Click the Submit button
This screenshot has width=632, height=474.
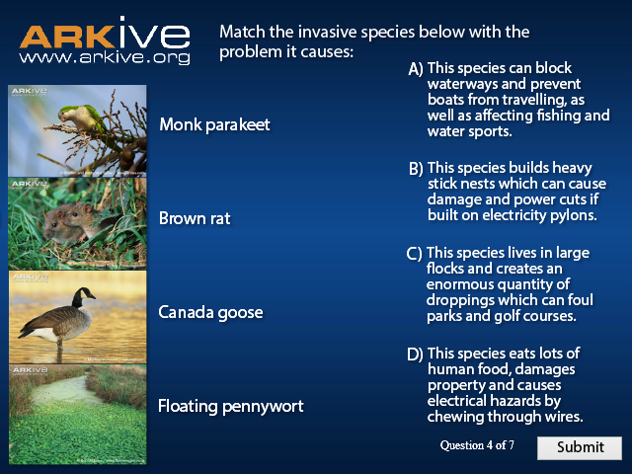(580, 447)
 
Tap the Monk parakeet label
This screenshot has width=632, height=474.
(214, 124)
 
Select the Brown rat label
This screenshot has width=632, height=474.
(195, 218)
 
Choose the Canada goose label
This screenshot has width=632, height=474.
(210, 313)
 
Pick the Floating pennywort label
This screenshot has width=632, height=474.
(230, 406)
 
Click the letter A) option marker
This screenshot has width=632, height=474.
(416, 69)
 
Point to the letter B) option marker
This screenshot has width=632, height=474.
(416, 169)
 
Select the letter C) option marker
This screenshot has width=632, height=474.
(414, 254)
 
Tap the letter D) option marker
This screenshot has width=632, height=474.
(415, 355)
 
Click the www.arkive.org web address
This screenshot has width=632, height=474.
(105, 57)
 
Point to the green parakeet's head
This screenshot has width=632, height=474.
(66, 113)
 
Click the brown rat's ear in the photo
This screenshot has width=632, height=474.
(86, 209)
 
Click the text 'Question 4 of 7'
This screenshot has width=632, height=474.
(477, 445)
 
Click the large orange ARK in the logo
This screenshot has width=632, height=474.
(67, 38)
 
